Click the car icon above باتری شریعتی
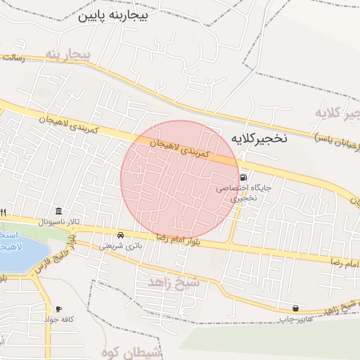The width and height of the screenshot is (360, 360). (x=121, y=234)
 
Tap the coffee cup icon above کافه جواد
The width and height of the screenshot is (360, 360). (x=58, y=309)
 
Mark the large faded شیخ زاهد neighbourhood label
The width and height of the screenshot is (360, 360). (x=174, y=281)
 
